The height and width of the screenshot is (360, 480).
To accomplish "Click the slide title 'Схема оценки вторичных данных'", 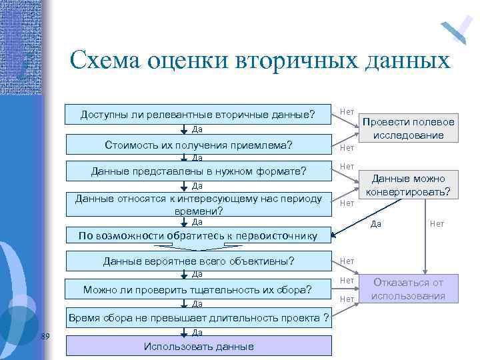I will pos(261,62).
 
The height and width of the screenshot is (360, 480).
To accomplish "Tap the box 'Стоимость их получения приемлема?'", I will pos(198,145).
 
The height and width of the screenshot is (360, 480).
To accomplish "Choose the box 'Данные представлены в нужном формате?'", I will pos(198,171).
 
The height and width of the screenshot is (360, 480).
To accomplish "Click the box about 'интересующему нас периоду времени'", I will pos(198,204).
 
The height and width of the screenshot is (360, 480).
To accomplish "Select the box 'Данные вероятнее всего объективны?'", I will pos(198,261).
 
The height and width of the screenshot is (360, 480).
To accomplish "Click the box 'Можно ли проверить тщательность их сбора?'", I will pos(198,289).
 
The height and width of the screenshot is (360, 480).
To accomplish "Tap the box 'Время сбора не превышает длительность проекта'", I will pos(198,317).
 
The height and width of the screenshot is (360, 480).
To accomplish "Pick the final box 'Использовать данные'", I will pos(198,346).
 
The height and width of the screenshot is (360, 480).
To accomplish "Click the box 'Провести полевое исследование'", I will pos(408,128).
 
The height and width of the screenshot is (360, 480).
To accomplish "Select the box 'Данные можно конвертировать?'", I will pos(408,185).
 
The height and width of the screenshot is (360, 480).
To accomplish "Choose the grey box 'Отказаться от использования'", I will pos(408,289).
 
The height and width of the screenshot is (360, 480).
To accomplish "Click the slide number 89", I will pos(45,335).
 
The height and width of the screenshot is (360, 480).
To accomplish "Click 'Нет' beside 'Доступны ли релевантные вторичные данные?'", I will pos(347,111).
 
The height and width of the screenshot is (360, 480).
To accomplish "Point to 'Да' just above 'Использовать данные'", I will pos(197,332).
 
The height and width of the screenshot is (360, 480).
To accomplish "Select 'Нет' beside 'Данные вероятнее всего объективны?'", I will pos(347,261).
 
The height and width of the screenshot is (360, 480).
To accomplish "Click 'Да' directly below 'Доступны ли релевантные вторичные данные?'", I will pos(197,129).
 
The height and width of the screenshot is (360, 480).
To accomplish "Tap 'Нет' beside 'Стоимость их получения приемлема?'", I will pos(347,148).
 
